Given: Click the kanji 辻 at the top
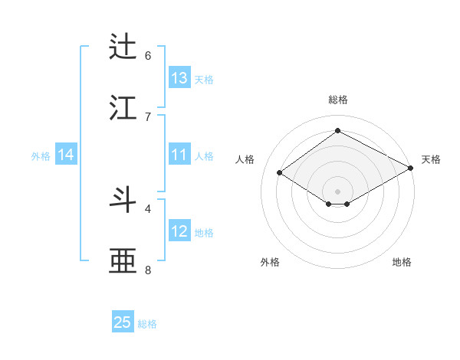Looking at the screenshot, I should tap(125, 47).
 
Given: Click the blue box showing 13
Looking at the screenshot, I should tap(179, 77).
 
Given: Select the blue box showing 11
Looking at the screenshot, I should tap(179, 155).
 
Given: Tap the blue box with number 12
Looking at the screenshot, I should tap(179, 231).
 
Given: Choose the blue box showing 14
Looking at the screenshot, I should tap(66, 155).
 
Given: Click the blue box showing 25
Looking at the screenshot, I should tap(123, 322).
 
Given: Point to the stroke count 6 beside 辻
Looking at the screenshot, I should tap(148, 55).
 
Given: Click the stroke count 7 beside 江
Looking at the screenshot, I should tap(148, 116).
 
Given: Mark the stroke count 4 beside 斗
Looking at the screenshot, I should tap(148, 208).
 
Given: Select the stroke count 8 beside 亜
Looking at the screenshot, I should tap(148, 270).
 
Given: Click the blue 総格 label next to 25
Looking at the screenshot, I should tap(147, 324).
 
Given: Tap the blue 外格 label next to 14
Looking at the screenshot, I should tap(41, 156).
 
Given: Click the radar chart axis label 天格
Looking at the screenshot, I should tap(431, 159).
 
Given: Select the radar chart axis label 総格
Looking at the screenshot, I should tap(337, 100).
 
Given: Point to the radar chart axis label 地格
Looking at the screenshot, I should tap(402, 263).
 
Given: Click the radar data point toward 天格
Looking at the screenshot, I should tap(412, 169).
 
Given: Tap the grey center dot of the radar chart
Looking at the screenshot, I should tap(337, 191).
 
